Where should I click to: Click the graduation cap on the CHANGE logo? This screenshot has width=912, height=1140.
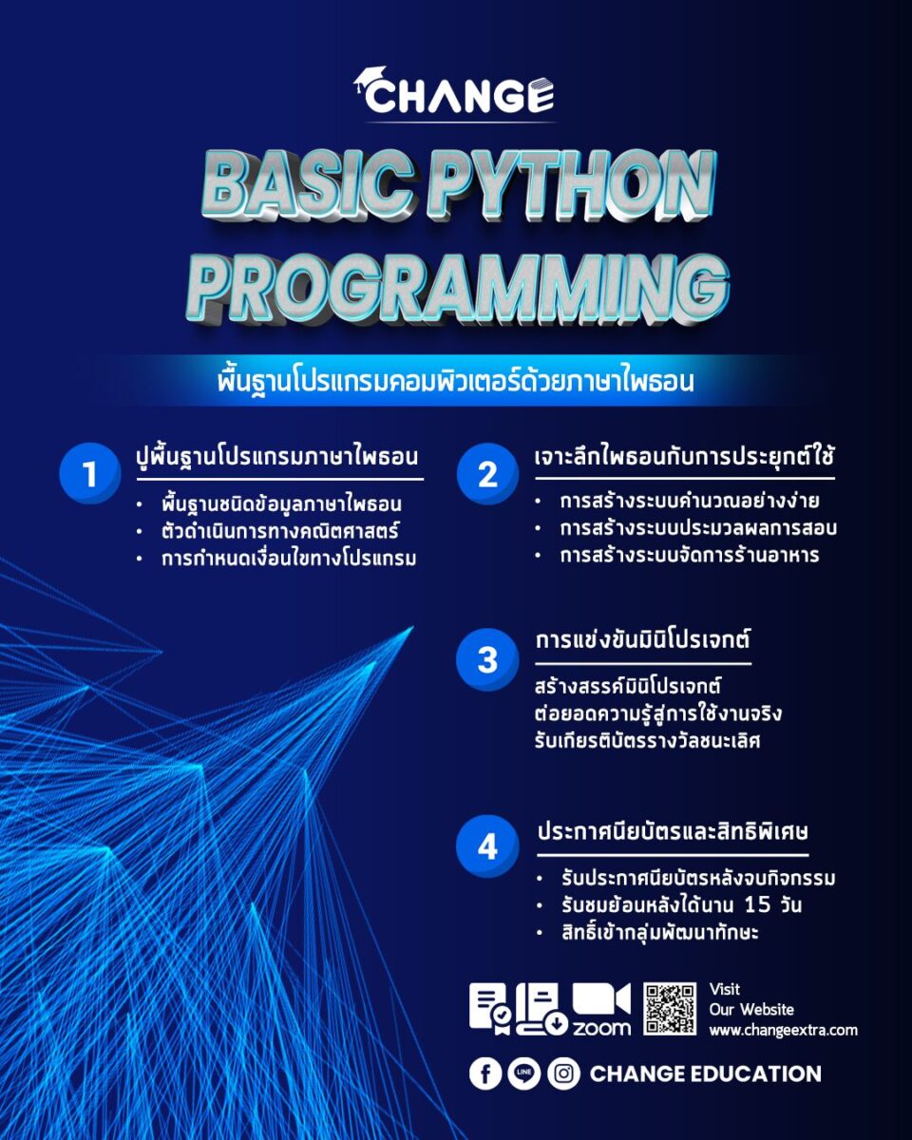[x=370, y=79]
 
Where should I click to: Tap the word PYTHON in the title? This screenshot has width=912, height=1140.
[x=574, y=187]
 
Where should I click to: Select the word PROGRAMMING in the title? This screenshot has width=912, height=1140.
[x=458, y=289]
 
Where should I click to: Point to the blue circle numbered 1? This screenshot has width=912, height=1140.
[x=90, y=472]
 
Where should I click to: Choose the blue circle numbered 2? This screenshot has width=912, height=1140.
[x=487, y=473]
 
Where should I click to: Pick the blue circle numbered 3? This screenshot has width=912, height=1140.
[x=487, y=659]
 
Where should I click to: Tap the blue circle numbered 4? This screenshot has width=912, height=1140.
[x=487, y=846]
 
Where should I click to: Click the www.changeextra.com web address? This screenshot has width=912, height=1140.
[x=783, y=1030]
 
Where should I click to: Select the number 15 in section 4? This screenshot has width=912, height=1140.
[x=757, y=904]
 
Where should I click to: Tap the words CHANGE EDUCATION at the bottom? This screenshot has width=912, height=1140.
[x=705, y=1073]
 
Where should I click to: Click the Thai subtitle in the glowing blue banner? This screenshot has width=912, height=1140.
[x=455, y=381]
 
